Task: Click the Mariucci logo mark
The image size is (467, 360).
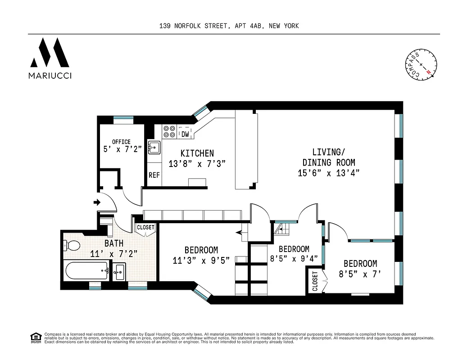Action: click(x=50, y=53)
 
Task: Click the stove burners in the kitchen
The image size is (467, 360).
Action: click(x=169, y=131)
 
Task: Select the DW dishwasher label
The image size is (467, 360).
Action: click(x=185, y=134)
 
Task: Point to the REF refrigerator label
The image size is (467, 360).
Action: click(x=154, y=175)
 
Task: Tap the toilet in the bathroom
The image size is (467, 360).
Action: click(x=72, y=246)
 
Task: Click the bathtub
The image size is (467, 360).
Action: click(x=87, y=271)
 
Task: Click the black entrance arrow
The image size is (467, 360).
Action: click(x=96, y=202)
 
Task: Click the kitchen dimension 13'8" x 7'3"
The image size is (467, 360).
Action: click(x=197, y=164)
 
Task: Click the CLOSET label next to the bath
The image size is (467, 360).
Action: click(x=145, y=228)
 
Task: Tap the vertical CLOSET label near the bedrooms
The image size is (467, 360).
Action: click(x=315, y=280)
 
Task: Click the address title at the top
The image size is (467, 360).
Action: click(x=229, y=26)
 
